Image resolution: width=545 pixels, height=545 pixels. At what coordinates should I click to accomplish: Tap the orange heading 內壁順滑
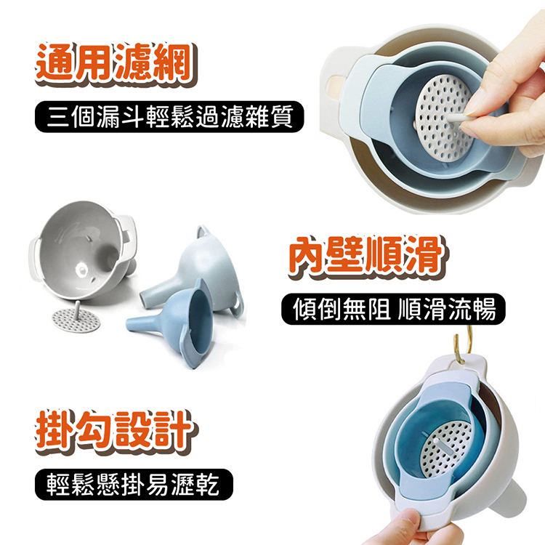tap(368, 257)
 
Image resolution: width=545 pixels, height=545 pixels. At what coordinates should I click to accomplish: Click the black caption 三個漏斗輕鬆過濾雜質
tap(169, 116)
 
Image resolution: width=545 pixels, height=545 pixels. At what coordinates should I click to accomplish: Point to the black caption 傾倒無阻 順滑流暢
tap(393, 309)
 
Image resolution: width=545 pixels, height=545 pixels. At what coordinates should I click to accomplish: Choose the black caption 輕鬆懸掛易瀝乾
tap(134, 485)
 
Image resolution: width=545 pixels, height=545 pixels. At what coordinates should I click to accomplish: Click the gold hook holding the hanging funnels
tap(462, 347)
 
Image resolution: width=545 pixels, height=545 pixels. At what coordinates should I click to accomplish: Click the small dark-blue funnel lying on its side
tap(171, 324)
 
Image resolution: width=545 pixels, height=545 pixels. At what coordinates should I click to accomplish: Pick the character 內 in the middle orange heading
tap(308, 257)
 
